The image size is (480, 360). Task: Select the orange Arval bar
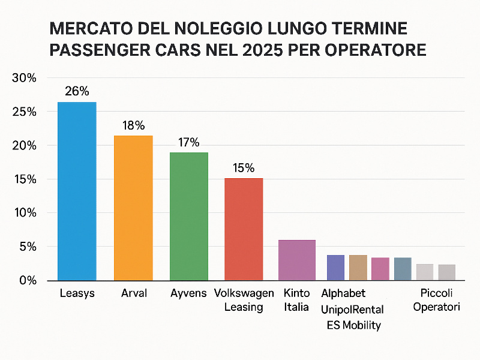pyautogui.click(x=133, y=208)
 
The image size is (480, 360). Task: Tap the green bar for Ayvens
pyautogui.click(x=189, y=216)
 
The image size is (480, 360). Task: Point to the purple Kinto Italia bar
pyautogui.click(x=297, y=260)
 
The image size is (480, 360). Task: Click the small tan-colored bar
pyautogui.click(x=358, y=268)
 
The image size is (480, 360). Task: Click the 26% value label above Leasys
pyautogui.click(x=77, y=91)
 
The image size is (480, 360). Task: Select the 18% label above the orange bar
pyautogui.click(x=133, y=125)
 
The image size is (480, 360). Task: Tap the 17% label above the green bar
pyautogui.click(x=189, y=142)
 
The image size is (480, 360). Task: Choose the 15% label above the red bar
pyautogui.click(x=244, y=167)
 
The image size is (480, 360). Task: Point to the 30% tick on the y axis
pyautogui.click(x=25, y=79)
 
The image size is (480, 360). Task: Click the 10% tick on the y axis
pyautogui.click(x=25, y=213)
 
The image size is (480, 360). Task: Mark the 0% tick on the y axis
pyautogui.click(x=28, y=280)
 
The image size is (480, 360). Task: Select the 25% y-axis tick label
pyautogui.click(x=25, y=112)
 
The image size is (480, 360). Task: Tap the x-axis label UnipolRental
pyautogui.click(x=353, y=309)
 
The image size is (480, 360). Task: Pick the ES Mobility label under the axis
pyautogui.click(x=354, y=325)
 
